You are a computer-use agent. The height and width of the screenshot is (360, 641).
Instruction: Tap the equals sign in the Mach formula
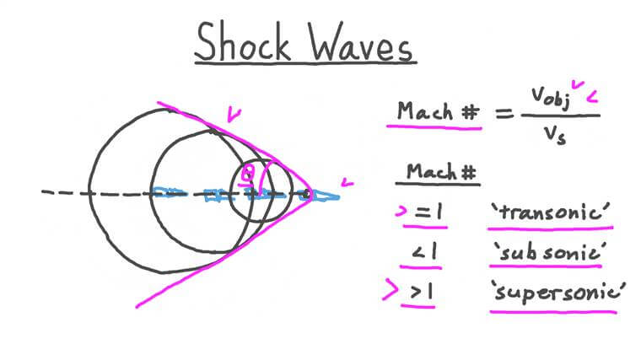coord(505,111)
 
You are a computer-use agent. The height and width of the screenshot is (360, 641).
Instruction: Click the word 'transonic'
coord(551,213)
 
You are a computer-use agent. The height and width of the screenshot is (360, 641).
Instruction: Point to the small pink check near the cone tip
coord(346,182)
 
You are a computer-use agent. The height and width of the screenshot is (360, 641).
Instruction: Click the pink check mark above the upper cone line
coord(234,112)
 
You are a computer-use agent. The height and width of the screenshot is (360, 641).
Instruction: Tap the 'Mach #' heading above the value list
coord(442,172)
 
